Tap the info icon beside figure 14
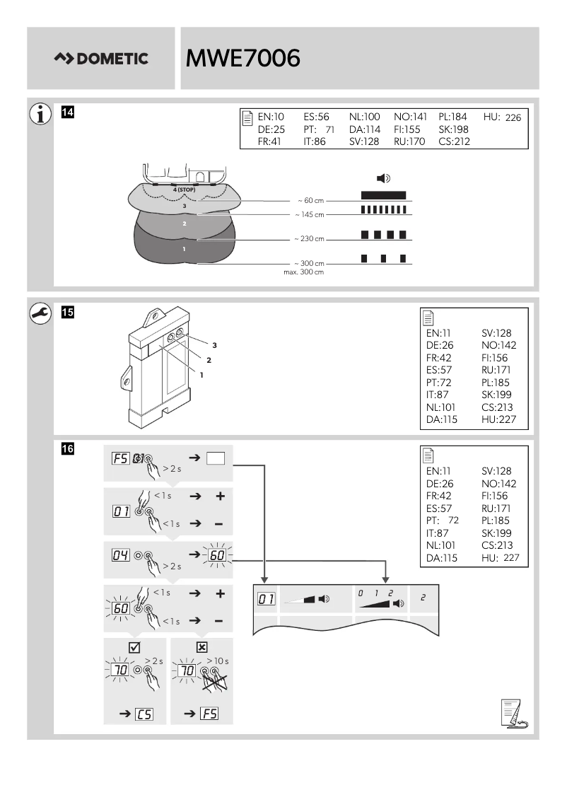click(41, 113)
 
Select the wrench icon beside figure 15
click(41, 313)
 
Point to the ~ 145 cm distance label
click(309, 214)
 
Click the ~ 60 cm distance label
click(311, 201)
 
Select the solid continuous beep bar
click(383, 194)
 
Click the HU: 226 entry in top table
click(502, 117)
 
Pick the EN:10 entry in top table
click(270, 117)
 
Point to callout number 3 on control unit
click(214, 344)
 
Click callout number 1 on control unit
click(201, 374)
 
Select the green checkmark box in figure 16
click(135, 646)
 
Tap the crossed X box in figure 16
click(202, 646)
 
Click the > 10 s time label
click(217, 661)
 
